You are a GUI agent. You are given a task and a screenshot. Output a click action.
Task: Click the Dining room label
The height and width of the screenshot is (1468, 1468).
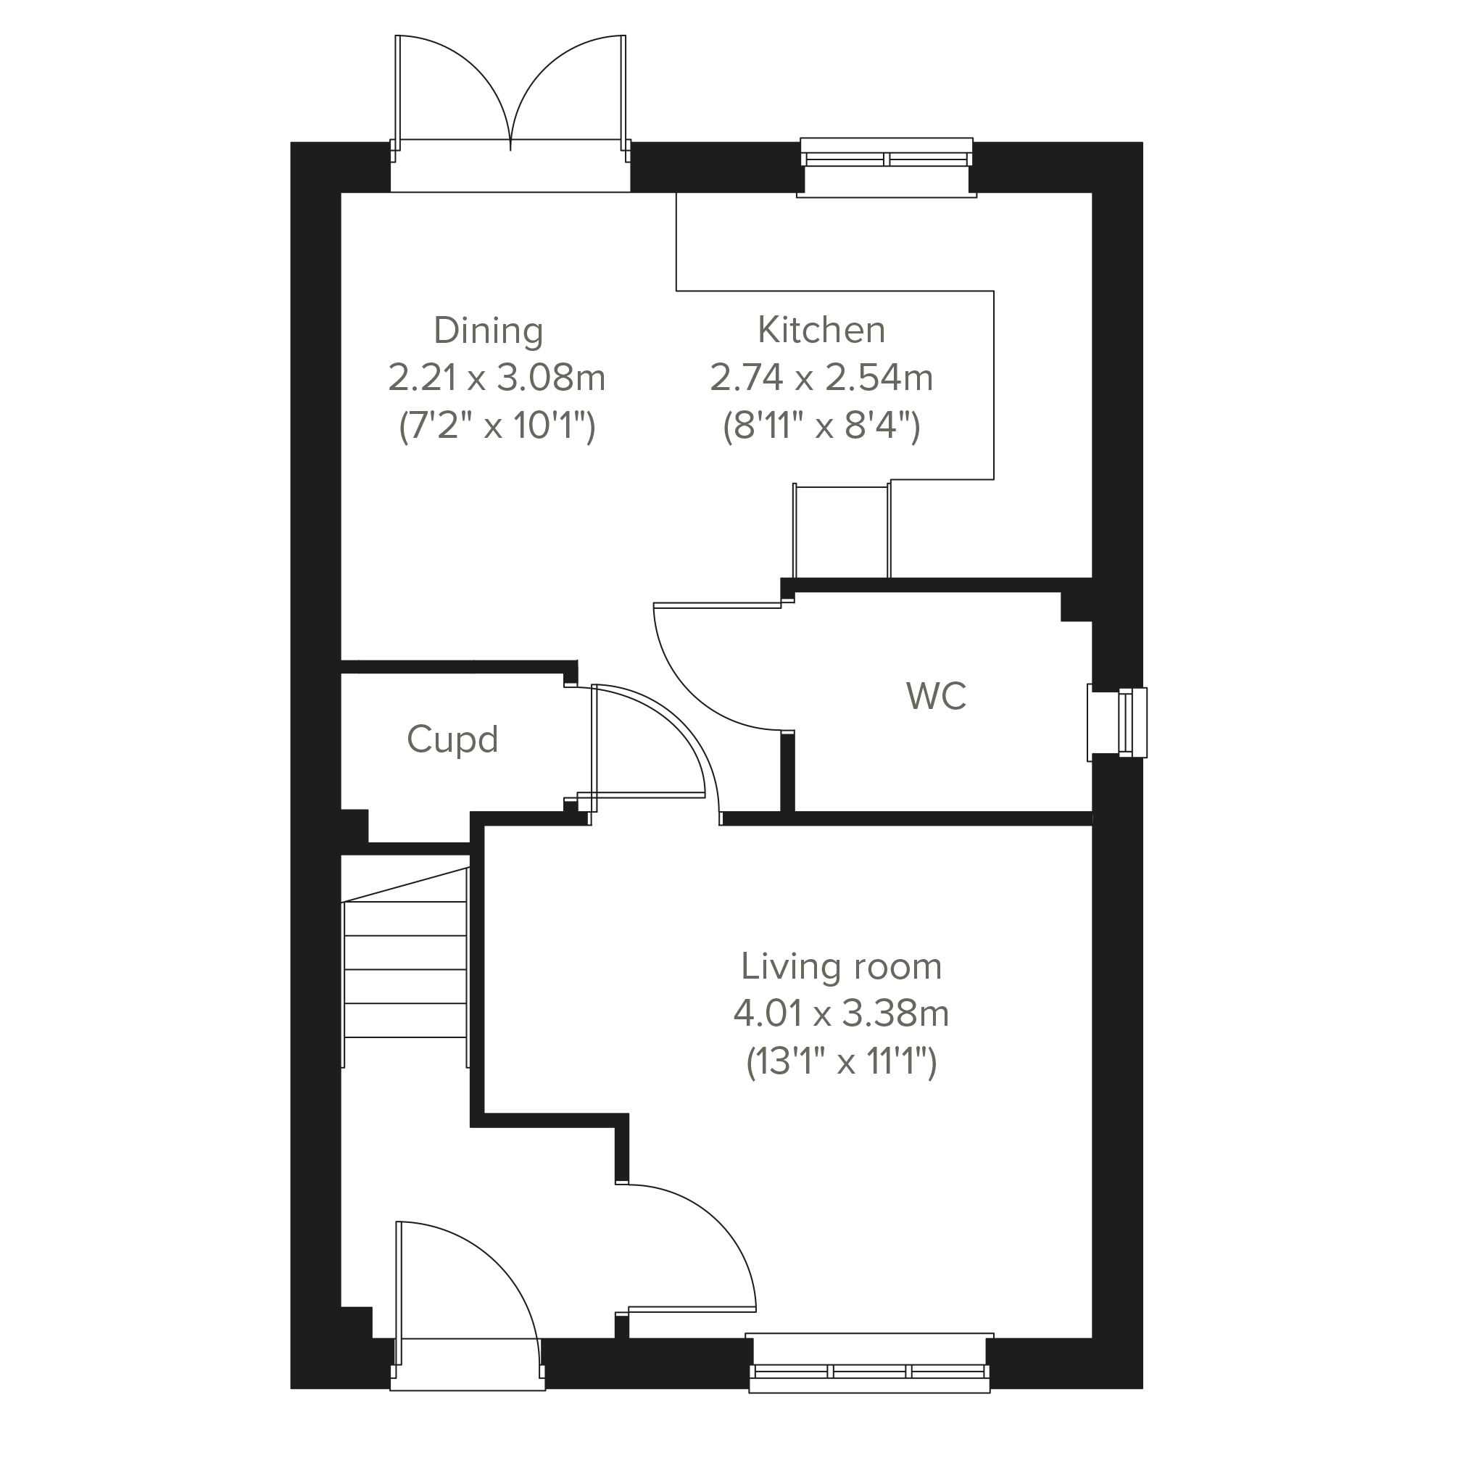(x=489, y=331)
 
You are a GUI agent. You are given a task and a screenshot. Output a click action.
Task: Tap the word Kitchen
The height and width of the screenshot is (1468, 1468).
(x=821, y=330)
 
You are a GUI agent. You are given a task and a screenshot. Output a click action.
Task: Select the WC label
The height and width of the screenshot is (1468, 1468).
(x=936, y=696)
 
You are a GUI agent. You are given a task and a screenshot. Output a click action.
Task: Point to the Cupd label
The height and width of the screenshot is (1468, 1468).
(x=452, y=739)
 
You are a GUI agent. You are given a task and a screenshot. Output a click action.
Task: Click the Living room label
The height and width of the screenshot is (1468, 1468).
(x=841, y=966)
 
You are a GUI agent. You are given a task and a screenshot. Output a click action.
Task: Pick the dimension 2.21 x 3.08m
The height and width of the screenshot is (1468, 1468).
(x=496, y=378)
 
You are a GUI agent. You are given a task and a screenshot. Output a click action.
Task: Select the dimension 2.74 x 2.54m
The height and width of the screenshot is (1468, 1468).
(x=821, y=378)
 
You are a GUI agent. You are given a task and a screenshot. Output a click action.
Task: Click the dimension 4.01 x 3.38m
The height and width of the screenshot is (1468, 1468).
(x=841, y=1013)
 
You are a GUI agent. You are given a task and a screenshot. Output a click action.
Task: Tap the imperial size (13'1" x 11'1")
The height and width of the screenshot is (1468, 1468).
(x=841, y=1061)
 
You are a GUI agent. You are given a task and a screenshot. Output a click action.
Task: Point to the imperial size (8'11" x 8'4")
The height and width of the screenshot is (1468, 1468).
(x=821, y=426)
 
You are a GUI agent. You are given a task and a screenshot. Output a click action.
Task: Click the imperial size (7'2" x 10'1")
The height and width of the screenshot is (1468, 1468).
(x=497, y=426)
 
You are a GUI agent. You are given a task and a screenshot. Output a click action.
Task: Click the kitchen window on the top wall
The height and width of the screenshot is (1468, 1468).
(x=886, y=167)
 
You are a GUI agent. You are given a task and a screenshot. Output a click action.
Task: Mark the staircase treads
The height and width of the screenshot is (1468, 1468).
(x=405, y=969)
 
